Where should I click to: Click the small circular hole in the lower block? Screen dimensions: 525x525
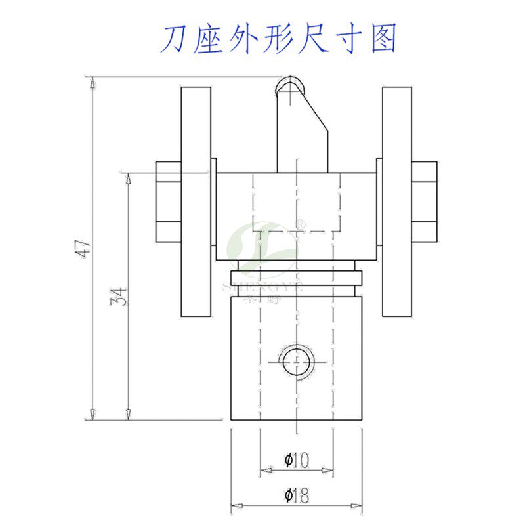[x=296, y=362]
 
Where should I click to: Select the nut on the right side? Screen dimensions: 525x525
[x=425, y=201]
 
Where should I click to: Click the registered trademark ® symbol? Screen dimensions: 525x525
[x=301, y=225]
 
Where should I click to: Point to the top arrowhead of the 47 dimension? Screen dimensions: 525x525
[x=93, y=82]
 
